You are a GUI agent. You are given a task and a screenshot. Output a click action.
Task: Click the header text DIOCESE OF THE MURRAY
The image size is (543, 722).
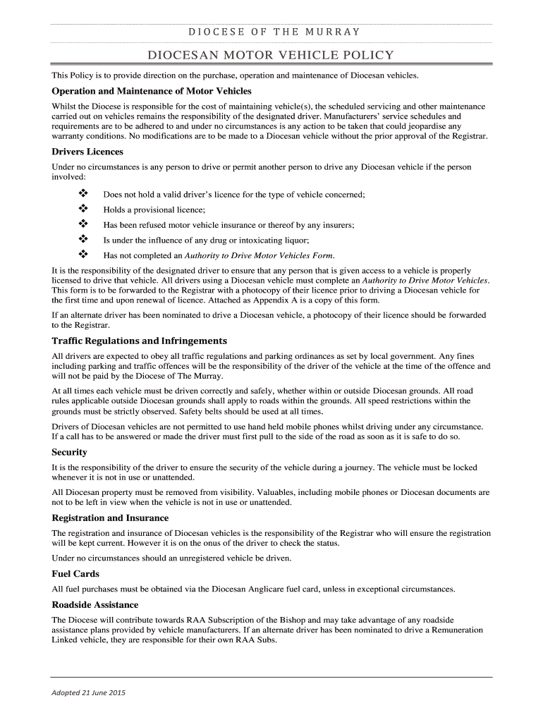click(271, 32)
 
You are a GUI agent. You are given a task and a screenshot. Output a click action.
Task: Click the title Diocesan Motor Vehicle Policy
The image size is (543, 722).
click(271, 56)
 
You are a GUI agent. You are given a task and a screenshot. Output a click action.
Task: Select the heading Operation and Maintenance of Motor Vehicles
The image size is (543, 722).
click(152, 92)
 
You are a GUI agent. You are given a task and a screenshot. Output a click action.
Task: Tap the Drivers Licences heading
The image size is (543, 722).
click(87, 152)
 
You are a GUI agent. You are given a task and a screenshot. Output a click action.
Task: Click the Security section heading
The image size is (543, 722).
click(70, 452)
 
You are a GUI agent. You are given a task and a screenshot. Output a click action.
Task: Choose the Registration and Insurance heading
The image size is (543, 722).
click(110, 518)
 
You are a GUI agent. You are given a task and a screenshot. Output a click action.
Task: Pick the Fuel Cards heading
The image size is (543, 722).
click(75, 574)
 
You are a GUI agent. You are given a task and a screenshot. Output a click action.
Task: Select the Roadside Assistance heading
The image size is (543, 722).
click(95, 605)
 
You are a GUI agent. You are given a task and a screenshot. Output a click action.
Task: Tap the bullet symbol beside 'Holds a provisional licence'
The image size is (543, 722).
click(82, 209)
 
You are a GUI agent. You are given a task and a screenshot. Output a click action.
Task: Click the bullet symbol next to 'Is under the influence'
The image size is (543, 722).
click(82, 240)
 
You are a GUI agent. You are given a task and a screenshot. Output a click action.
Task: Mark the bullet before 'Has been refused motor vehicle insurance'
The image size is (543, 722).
click(82, 224)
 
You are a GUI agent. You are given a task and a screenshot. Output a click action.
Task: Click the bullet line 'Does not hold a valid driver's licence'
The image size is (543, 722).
click(234, 195)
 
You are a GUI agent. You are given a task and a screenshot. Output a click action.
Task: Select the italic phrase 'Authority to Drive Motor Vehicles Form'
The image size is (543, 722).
click(259, 255)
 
